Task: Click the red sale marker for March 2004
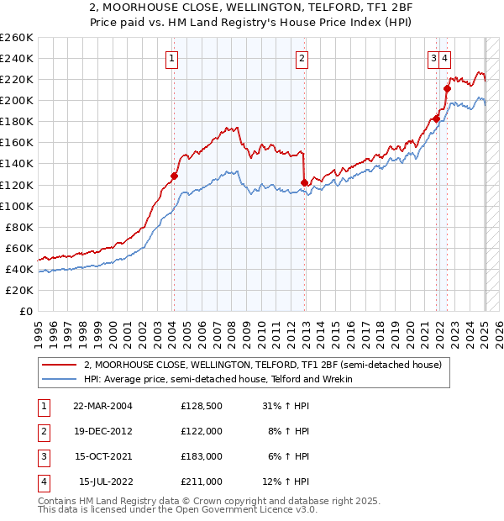(x=174, y=176)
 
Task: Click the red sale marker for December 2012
(x=304, y=182)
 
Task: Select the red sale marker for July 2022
(x=447, y=88)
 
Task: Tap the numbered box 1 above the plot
(x=171, y=59)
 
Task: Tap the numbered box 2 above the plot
(x=302, y=59)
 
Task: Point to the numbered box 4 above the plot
(x=444, y=59)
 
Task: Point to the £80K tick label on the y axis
(x=19, y=227)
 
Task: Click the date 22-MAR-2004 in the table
(x=102, y=405)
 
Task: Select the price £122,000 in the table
(x=202, y=430)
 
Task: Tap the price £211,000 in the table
(x=202, y=482)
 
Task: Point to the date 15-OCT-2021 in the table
(x=102, y=456)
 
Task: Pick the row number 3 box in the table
(x=43, y=456)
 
